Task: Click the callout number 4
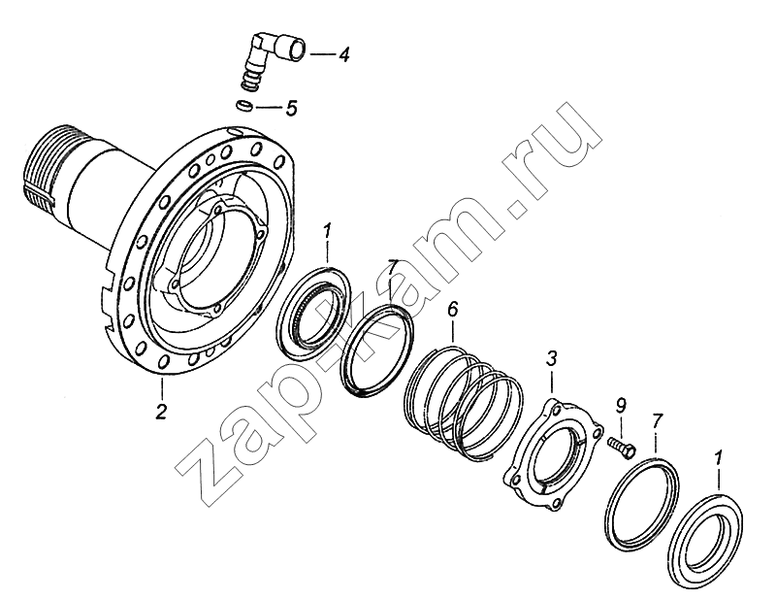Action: tap(344, 54)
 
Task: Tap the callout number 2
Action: tap(161, 412)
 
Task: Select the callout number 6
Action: tap(452, 310)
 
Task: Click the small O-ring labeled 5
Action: tap(244, 106)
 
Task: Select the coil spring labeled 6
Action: tap(463, 404)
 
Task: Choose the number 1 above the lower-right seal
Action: tap(719, 457)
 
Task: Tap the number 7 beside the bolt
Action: tap(656, 422)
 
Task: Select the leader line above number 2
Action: tap(161, 390)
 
